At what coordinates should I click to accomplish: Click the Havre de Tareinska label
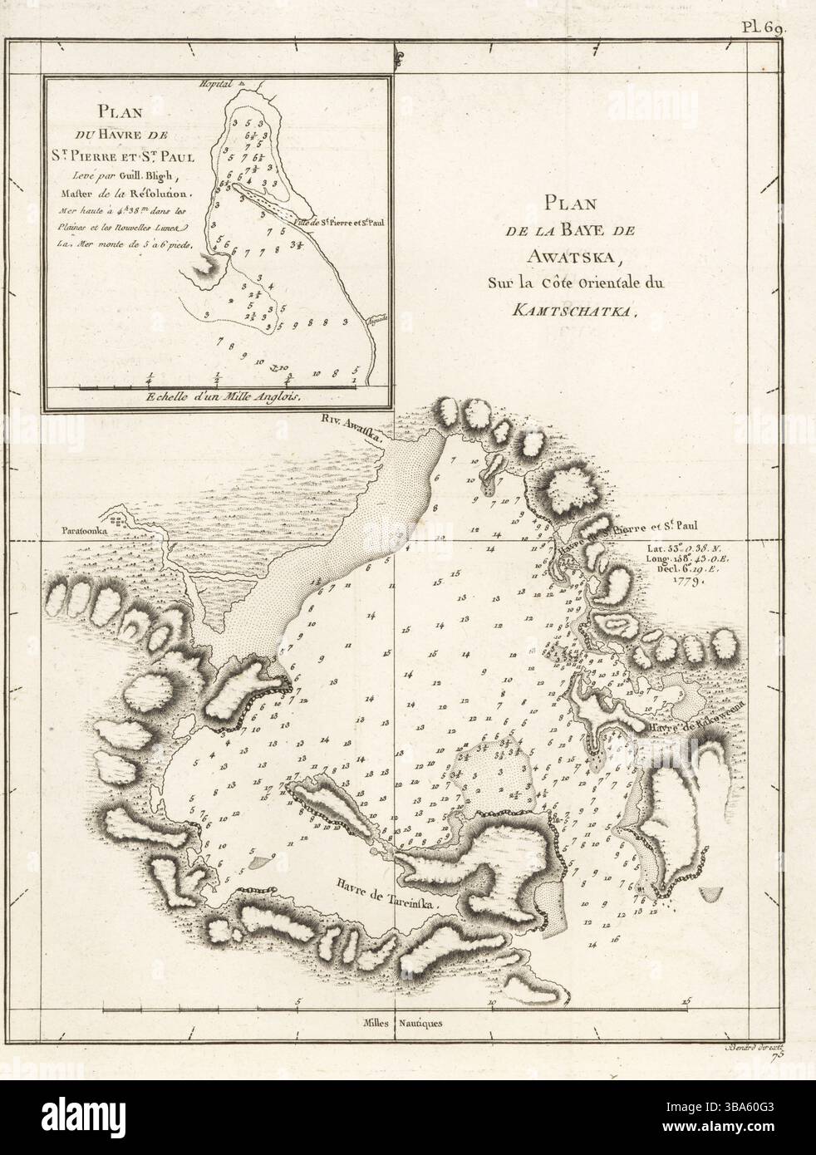pyautogui.click(x=386, y=896)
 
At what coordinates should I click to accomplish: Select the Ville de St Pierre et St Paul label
pyautogui.click(x=337, y=223)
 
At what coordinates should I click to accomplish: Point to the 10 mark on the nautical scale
pyautogui.click(x=491, y=1003)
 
